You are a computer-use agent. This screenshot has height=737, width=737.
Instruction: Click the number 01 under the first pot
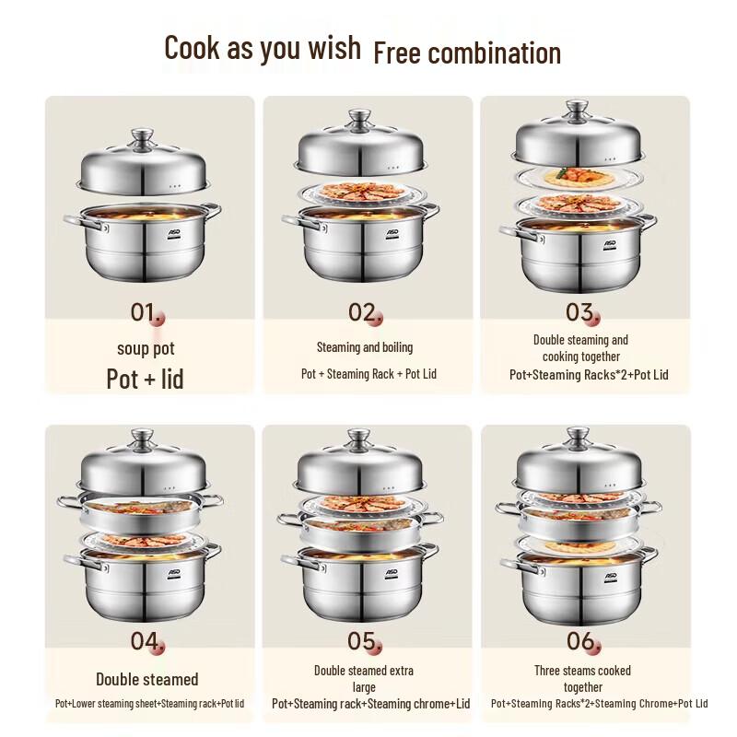[145, 312]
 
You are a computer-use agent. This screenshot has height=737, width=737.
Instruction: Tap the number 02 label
[363, 312]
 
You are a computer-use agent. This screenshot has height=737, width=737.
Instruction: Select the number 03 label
[580, 312]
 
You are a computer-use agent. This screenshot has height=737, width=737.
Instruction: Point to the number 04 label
[145, 641]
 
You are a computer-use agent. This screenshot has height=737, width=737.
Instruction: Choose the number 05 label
[363, 641]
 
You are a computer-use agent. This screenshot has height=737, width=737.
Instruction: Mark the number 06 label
[580, 641]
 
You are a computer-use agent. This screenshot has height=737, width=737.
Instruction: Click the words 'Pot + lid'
[145, 379]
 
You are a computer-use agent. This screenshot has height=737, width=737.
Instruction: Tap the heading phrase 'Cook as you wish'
[263, 47]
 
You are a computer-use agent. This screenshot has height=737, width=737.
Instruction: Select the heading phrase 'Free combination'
[467, 53]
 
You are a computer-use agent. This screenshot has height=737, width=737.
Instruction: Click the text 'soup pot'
[146, 348]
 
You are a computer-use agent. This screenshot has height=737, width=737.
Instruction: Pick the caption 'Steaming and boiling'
[365, 347]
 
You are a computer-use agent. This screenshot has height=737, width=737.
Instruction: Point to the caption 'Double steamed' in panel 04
[146, 679]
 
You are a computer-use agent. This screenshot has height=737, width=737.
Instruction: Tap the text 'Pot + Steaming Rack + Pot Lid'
[364, 374]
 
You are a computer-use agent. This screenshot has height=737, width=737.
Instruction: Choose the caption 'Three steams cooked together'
[582, 678]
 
